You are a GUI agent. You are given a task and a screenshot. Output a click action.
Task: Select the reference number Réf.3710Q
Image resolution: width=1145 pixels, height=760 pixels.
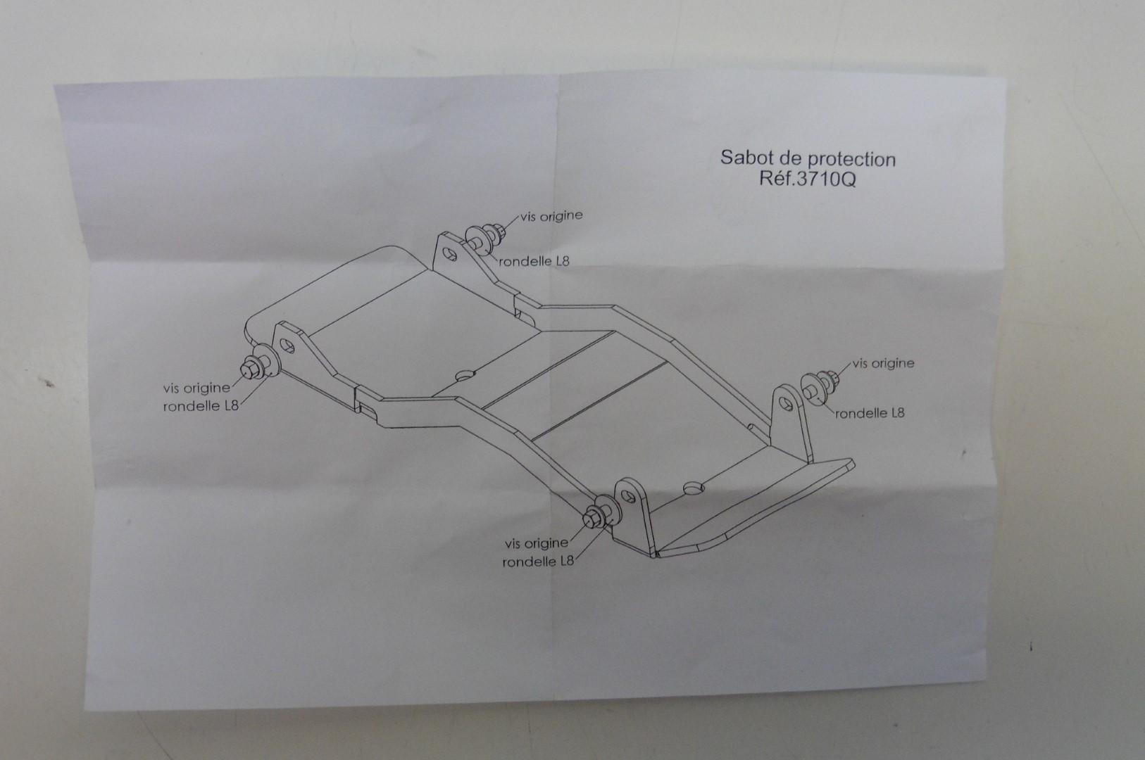[808, 179]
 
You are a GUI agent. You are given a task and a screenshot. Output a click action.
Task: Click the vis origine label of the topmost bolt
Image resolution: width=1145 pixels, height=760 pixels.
[551, 216]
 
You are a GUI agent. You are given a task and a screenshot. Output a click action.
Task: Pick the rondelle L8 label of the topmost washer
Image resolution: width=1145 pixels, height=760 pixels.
[535, 261]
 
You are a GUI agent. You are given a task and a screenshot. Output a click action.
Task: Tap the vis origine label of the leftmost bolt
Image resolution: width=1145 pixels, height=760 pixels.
[196, 387]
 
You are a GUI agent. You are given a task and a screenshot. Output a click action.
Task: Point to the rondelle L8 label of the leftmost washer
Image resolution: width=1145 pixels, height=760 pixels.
[201, 406]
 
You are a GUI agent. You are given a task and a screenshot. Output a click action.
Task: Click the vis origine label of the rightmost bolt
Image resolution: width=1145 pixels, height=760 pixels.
[883, 364]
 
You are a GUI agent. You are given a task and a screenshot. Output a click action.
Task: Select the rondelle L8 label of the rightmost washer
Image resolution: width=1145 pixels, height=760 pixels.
[870, 412]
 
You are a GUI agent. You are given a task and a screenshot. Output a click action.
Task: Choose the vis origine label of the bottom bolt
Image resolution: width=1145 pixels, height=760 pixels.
[536, 543]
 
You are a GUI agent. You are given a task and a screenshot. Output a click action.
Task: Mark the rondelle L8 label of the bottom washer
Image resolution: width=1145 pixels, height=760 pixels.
[539, 562]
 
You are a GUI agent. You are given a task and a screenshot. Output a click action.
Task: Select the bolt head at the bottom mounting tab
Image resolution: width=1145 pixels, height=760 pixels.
[592, 519]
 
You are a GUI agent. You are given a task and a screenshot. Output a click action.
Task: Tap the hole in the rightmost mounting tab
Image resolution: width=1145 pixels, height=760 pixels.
[787, 403]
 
